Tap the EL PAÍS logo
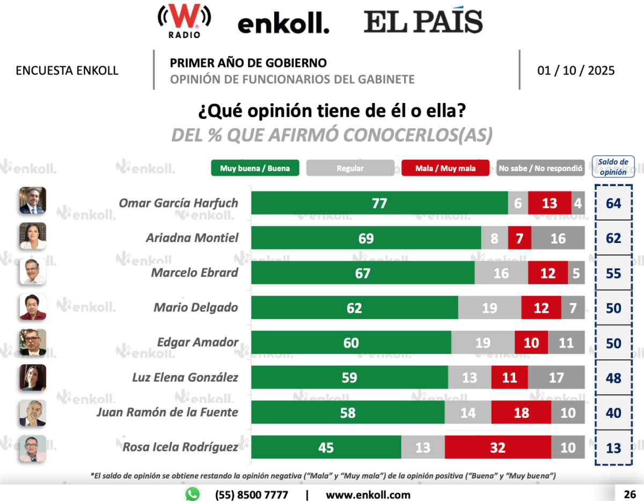pos(423,22)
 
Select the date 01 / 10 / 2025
pos(576,70)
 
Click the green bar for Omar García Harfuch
pos(379,203)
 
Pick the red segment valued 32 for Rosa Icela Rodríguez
pos(497,447)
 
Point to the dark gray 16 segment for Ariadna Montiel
pos(558,238)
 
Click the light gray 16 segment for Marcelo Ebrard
pos(501,273)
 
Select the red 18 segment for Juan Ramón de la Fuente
pos(521,412)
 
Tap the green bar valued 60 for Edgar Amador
pos(351,343)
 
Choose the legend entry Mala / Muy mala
pos(445,168)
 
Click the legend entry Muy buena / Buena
pos(255,168)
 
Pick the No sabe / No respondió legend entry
pos(540,168)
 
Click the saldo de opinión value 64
pos(613,203)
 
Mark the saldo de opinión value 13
pos(613,447)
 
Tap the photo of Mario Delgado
pos(33,307)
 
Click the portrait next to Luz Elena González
pos(33,377)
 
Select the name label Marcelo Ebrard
pos(194,272)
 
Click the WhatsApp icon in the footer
pos(192,494)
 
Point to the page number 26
pos(630,494)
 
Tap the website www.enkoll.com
pos(368,495)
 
